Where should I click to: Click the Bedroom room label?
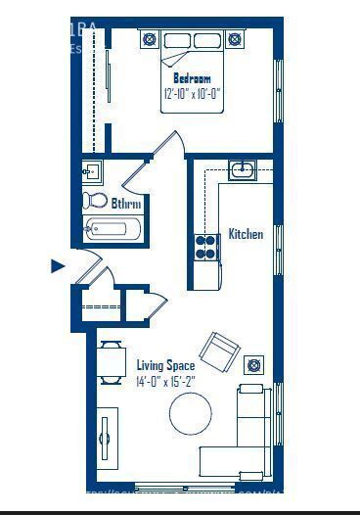pos(192,78)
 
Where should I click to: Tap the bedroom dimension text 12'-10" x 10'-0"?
pos(192,93)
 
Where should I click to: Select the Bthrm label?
pos(126,204)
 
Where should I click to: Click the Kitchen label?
pos(246,234)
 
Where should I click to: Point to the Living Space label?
pos(165,366)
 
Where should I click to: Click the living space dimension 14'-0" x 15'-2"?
pos(165,383)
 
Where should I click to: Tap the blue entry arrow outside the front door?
pos(57,265)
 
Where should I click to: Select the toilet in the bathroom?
pos(95,201)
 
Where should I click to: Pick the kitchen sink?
pos(242,171)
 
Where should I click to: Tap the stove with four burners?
pos(205,247)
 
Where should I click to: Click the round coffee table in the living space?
pos(190,413)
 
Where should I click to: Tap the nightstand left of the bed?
pos(150,39)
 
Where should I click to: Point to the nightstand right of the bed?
pos(236,39)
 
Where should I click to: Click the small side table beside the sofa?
pos(253,365)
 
